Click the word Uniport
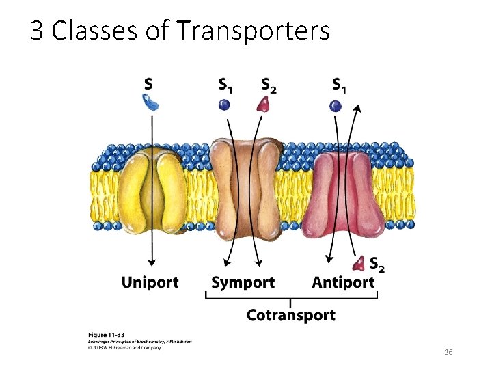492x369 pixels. click(x=150, y=282)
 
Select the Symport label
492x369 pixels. click(x=243, y=282)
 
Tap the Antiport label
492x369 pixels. click(x=343, y=282)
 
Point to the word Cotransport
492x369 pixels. click(x=290, y=315)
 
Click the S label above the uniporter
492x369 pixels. click(x=148, y=84)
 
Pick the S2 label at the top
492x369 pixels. click(x=269, y=85)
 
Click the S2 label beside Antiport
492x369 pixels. click(x=377, y=264)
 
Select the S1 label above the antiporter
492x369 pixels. click(x=339, y=85)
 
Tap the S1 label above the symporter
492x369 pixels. click(x=225, y=85)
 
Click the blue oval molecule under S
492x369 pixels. click(x=150, y=102)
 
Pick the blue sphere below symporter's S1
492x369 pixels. click(x=224, y=105)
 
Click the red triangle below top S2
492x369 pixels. click(x=264, y=104)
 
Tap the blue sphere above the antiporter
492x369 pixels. click(x=335, y=105)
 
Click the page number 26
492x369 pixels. click(x=448, y=352)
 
